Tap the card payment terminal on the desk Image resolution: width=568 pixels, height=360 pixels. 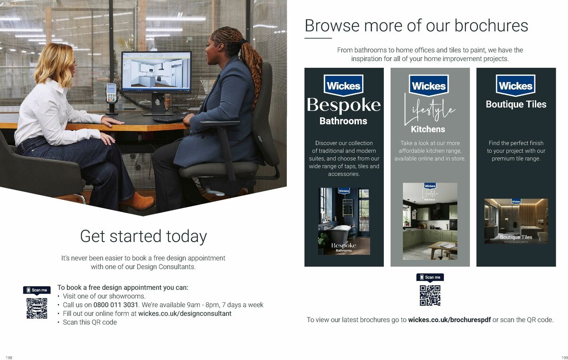tap(111, 94)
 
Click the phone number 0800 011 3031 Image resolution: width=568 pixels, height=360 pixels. tap(115, 305)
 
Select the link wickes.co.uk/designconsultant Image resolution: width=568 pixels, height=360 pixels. tap(185, 314)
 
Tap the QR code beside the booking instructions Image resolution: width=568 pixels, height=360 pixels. tap(37, 308)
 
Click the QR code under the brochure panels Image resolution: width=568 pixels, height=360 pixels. tap(430, 295)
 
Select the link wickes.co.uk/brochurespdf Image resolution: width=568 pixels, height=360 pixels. tap(449, 320)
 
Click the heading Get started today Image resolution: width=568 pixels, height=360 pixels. tap(143, 236)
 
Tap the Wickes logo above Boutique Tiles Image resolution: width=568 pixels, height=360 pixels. tap(516, 86)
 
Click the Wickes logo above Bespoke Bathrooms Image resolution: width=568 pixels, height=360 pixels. tap(344, 86)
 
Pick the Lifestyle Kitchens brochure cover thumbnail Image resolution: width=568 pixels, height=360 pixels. tap(430, 221)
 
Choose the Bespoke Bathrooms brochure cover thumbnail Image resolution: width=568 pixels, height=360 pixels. tap(344, 221)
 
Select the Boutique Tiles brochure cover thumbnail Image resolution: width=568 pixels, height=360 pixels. tap(516, 221)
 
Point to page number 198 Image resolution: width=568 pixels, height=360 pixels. tap(9, 357)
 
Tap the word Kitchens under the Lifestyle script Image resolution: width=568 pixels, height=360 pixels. tap(428, 129)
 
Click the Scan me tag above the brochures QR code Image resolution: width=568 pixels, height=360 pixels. tap(430, 277)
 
